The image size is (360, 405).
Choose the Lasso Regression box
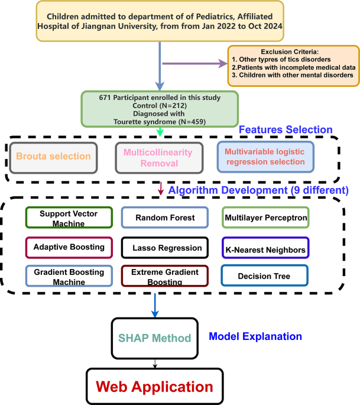coord(164,247)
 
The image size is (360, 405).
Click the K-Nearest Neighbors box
coord(265,247)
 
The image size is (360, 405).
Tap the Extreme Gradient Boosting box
coord(164,276)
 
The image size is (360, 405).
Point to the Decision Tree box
coord(265,276)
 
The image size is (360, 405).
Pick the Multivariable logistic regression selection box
coord(265,157)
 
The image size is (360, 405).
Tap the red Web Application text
coord(154,387)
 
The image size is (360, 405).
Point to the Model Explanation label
coord(255,336)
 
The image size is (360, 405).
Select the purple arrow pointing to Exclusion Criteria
coord(195,64)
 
